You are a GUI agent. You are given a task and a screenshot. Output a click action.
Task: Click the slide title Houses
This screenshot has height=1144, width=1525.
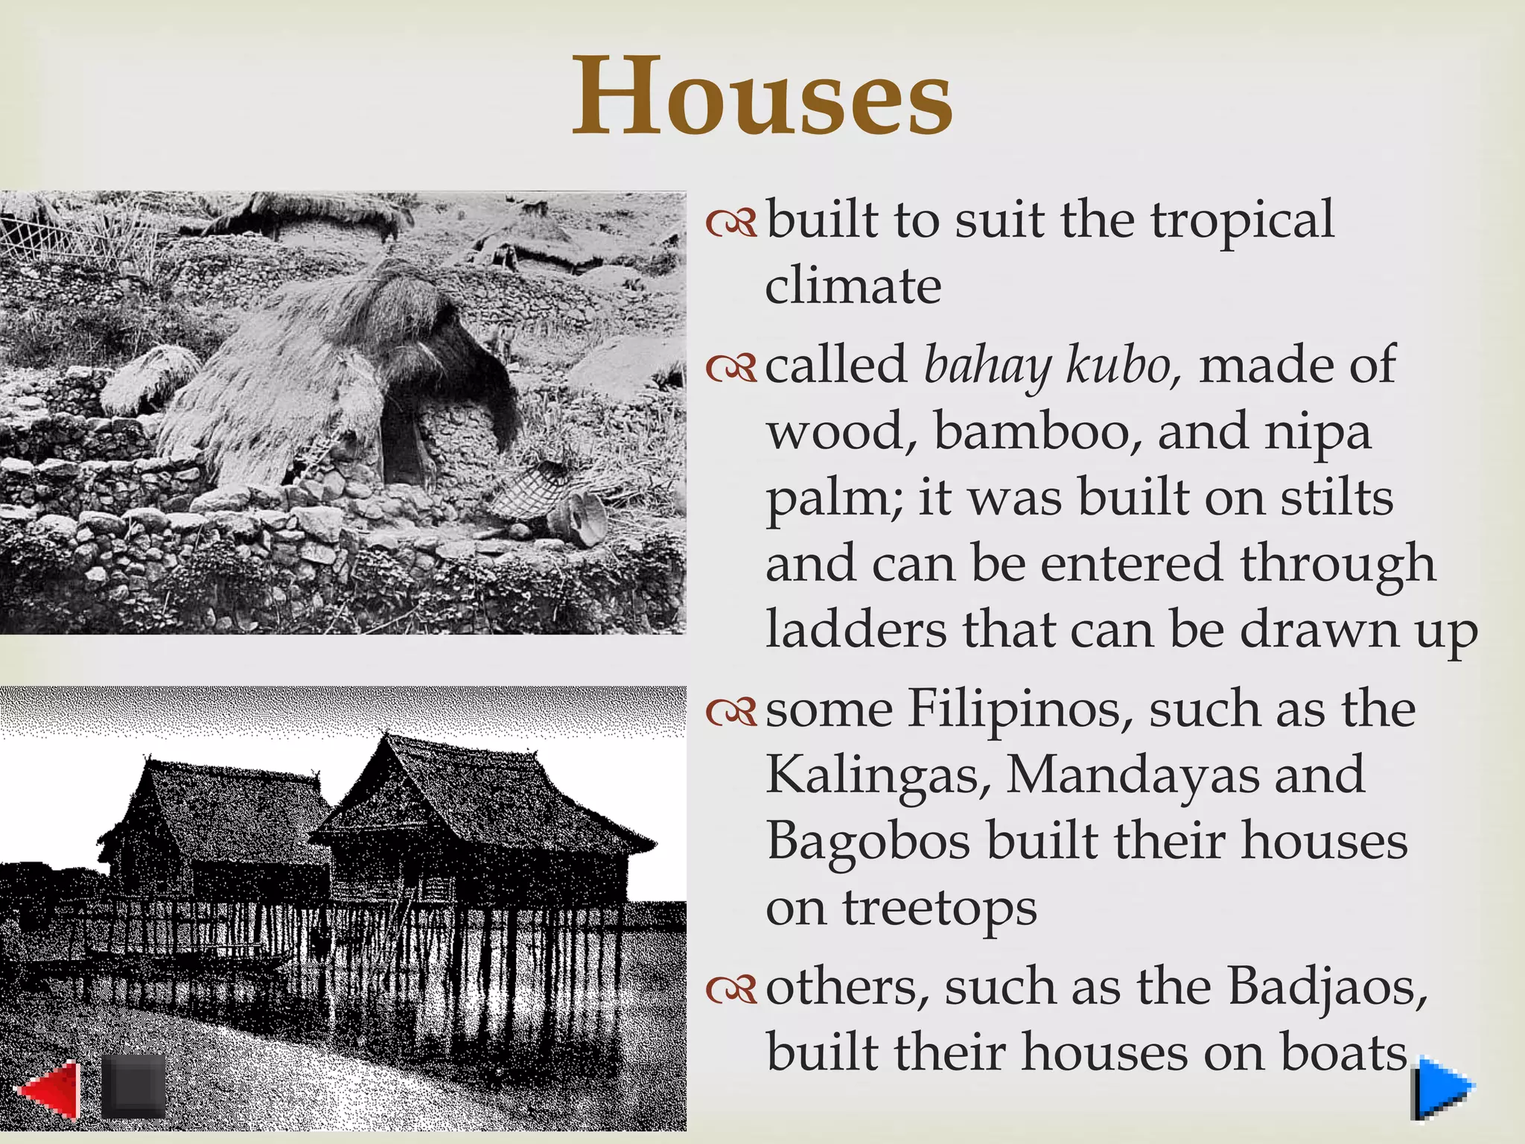[x=762, y=97]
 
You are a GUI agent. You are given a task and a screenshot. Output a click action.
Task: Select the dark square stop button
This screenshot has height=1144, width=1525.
[x=133, y=1086]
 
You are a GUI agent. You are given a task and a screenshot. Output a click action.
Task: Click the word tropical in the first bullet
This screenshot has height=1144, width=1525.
[x=1242, y=222]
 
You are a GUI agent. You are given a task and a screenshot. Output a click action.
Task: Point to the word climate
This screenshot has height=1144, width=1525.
[x=853, y=287]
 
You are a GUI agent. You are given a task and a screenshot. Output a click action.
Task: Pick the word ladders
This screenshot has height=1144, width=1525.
[x=856, y=630]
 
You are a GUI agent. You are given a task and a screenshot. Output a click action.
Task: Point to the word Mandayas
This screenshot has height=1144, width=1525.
[x=1131, y=775]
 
